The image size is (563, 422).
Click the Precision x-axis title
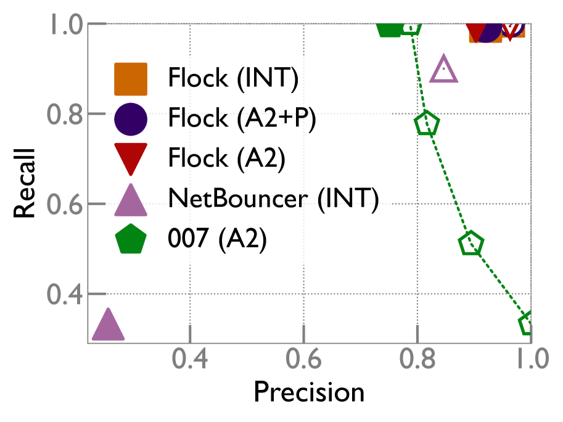click(309, 392)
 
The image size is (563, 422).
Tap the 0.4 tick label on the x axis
click(190, 359)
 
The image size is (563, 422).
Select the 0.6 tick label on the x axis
click(304, 359)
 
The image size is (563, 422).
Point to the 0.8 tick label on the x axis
click(418, 359)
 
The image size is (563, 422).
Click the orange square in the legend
click(131, 79)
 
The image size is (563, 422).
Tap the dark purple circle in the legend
click(131, 118)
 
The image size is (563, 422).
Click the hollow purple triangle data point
click(443, 70)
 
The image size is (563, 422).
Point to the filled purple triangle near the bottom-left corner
click(108, 326)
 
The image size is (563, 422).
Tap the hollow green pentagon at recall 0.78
click(427, 124)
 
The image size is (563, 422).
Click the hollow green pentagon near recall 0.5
click(471, 244)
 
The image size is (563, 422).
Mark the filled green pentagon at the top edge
click(389, 26)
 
